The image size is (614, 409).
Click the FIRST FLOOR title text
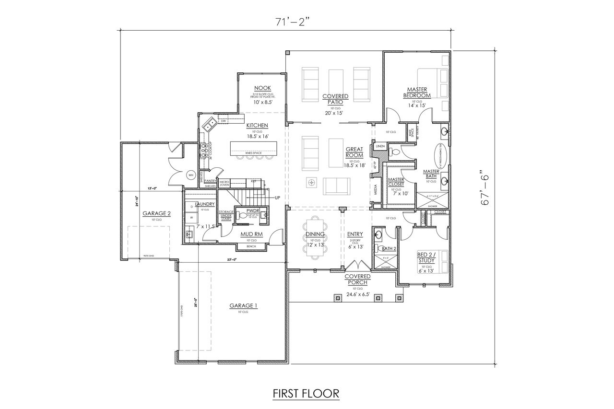[306, 393]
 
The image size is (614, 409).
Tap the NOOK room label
[262, 88]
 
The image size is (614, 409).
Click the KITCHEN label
[257, 126]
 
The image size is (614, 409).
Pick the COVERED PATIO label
[335, 99]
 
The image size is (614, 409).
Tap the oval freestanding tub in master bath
[441, 155]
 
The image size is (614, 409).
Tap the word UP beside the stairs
[277, 198]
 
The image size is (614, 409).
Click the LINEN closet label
[380, 146]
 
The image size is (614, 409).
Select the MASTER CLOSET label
[396, 182]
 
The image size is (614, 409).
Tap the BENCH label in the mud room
[251, 246]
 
